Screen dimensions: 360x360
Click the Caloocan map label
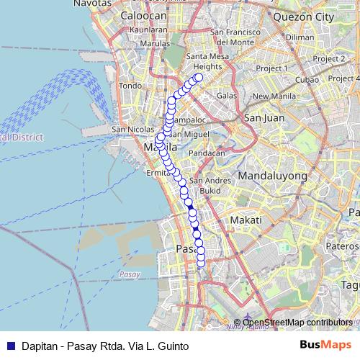(143, 15)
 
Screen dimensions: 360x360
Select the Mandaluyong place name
(272, 175)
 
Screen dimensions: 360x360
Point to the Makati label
(243, 220)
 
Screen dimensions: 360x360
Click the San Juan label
(261, 117)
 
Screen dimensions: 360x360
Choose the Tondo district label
(130, 86)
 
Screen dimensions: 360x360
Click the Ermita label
(157, 172)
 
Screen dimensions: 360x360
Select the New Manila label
(269, 96)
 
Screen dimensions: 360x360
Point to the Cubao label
(307, 79)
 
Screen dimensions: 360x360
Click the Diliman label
(300, 37)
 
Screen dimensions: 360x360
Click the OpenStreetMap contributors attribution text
(297, 323)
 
